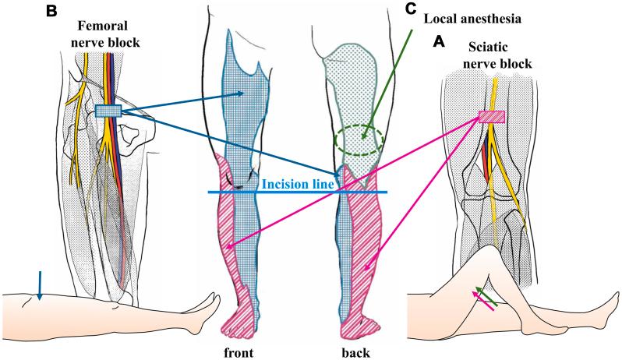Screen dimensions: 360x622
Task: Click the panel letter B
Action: [11, 11]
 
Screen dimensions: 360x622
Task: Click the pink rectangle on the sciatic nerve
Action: [491, 117]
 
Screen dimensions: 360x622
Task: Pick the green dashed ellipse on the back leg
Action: [359, 140]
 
